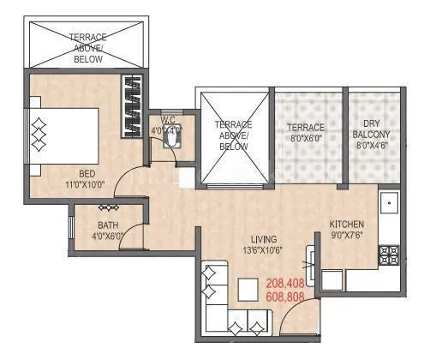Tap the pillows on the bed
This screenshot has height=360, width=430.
click(38, 133)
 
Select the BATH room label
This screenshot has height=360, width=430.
click(107, 225)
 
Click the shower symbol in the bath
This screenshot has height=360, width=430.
click(108, 208)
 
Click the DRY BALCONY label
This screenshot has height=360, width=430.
click(371, 129)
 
